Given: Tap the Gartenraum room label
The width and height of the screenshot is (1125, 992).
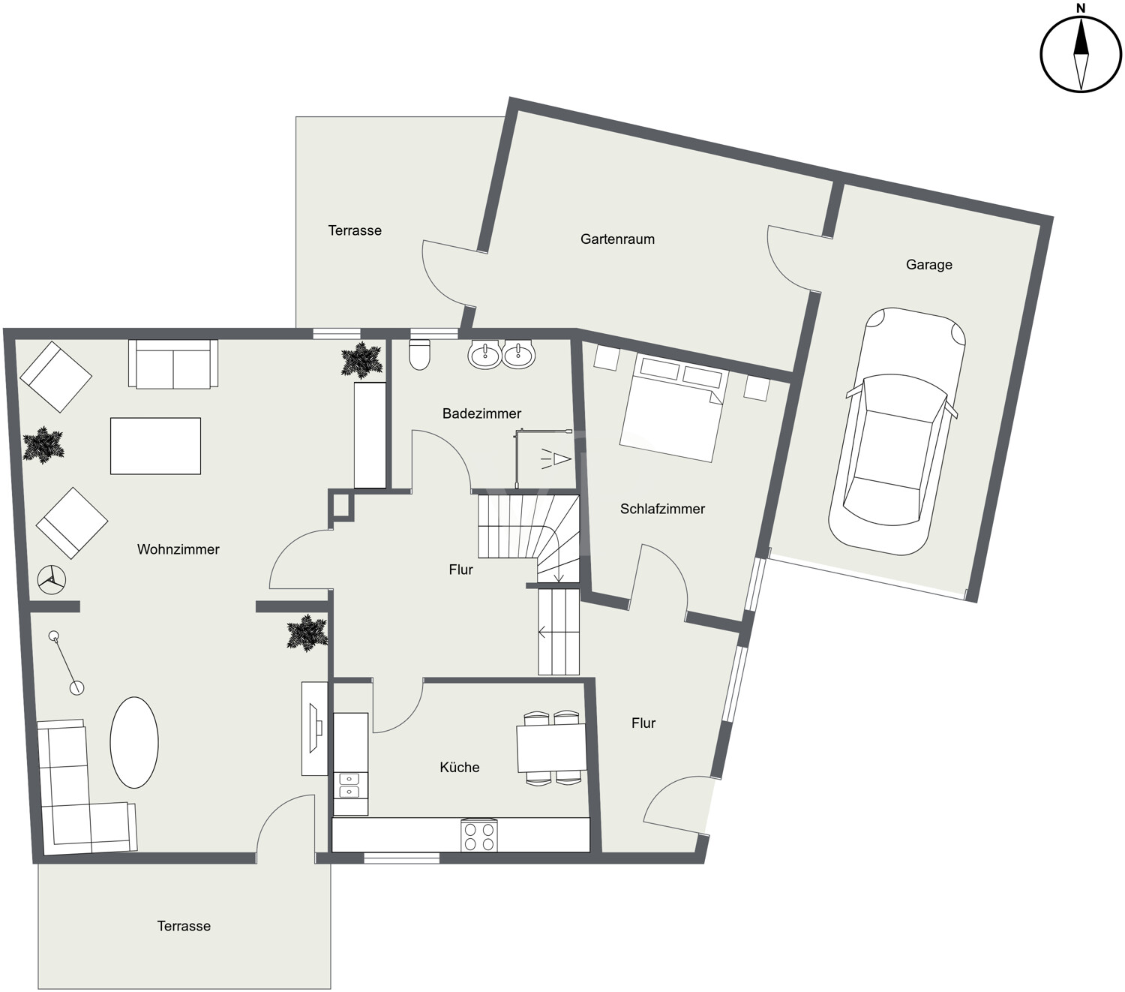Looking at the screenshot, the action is [x=617, y=239].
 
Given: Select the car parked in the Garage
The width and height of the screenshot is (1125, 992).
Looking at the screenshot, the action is [x=896, y=431].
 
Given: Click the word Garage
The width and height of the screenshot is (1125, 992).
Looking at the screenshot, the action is [x=929, y=265].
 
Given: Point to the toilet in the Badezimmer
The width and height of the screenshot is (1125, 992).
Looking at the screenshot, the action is [x=419, y=355].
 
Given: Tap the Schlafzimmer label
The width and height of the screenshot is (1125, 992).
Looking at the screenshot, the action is [x=662, y=509].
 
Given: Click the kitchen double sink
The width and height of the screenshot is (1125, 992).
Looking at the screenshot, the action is [x=350, y=785].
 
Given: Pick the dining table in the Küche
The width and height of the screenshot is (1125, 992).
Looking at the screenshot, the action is [x=551, y=747].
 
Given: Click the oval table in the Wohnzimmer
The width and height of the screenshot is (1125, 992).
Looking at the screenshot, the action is [x=133, y=742].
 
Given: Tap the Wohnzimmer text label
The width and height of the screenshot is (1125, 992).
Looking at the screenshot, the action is [x=178, y=549].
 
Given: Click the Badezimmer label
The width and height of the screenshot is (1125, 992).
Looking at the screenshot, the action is [x=481, y=413].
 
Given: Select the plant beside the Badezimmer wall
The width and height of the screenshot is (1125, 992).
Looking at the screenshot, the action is [x=362, y=360].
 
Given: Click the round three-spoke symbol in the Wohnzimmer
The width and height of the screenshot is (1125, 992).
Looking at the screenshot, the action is [x=52, y=580].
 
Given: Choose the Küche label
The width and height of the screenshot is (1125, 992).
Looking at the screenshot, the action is [x=459, y=768].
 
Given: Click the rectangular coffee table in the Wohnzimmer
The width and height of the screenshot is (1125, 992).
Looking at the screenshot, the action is [x=155, y=446].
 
